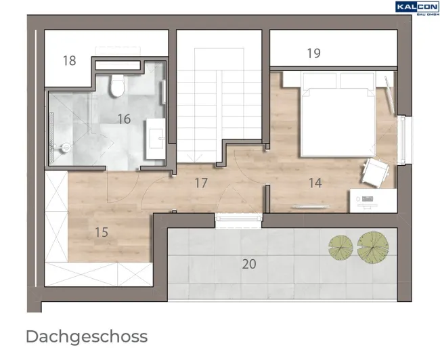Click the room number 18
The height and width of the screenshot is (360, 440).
(69, 61)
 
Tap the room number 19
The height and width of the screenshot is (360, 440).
(313, 53)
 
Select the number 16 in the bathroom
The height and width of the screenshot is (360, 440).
(124, 119)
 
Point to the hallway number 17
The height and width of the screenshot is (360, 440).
(201, 183)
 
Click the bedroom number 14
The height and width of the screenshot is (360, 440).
(315, 183)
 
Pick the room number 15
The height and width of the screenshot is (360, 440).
(102, 232)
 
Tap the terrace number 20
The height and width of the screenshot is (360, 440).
(249, 264)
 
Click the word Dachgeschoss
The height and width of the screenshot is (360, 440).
(87, 337)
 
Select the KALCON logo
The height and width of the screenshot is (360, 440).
(417, 8)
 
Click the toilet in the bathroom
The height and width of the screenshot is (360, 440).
(117, 85)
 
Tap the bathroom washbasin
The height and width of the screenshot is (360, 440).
(156, 139)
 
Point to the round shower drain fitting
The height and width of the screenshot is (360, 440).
(66, 148)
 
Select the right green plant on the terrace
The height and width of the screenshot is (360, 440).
(373, 248)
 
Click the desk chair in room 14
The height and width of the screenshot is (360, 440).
(376, 173)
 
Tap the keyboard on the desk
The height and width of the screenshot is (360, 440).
(368, 199)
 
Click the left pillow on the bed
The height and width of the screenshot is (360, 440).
(319, 81)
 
